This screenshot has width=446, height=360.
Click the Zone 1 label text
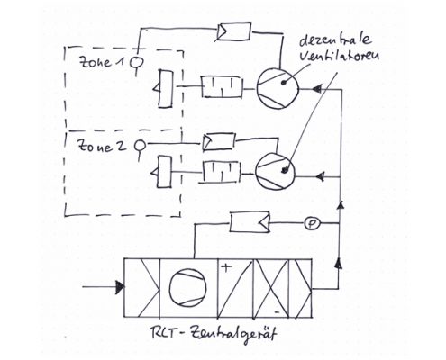[102, 62]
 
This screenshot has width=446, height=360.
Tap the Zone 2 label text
[102, 146]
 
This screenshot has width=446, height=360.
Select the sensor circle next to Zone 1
[137, 62]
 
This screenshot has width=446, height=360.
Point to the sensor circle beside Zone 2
[141, 146]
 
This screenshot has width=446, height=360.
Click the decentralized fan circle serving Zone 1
[278, 88]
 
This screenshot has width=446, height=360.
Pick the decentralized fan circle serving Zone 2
[275, 171]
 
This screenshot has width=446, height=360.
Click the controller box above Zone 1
[234, 31]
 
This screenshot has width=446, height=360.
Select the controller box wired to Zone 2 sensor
[219, 142]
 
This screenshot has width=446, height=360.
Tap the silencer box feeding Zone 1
[222, 87]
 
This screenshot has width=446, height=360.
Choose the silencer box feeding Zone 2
[222, 172]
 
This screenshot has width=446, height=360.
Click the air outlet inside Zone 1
[163, 89]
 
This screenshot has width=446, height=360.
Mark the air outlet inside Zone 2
[161, 172]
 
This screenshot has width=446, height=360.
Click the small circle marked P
[313, 223]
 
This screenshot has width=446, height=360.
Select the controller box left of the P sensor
[250, 221]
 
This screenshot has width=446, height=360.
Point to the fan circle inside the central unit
[187, 287]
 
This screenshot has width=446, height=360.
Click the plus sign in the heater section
[226, 267]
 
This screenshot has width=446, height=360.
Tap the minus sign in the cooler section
[278, 312]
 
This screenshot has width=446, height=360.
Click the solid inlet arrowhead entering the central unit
[120, 287]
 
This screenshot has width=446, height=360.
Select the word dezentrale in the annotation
[335, 40]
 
